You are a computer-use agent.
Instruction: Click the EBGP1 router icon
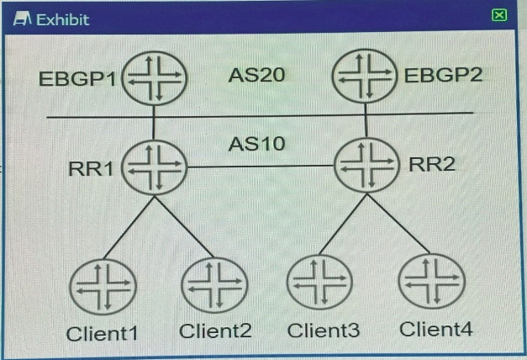pyautogui.click(x=154, y=78)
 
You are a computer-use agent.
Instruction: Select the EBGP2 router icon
pyautogui.click(x=365, y=76)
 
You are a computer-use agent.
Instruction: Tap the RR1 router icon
pyautogui.click(x=154, y=167)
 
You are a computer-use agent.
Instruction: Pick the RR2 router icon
pyautogui.click(x=366, y=165)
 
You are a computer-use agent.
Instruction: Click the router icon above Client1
pyautogui.click(x=103, y=287)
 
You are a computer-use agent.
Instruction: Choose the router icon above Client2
pyautogui.click(x=214, y=285)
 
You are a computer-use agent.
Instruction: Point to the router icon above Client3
pyautogui.click(x=319, y=283)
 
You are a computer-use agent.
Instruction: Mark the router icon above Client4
pyautogui.click(x=431, y=281)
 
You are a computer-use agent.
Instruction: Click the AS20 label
pyautogui.click(x=257, y=75)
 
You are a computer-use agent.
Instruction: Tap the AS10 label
pyautogui.click(x=257, y=144)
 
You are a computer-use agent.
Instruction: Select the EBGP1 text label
pyautogui.click(x=77, y=79)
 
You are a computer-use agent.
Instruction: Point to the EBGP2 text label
pyautogui.click(x=443, y=75)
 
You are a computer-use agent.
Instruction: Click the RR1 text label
pyautogui.click(x=91, y=168)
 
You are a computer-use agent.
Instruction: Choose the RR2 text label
pyautogui.click(x=431, y=165)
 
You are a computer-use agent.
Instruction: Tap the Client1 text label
pyautogui.click(x=103, y=334)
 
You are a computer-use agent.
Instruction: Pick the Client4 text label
pyautogui.click(x=436, y=329)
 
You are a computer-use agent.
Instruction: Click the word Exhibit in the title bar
pyautogui.click(x=63, y=20)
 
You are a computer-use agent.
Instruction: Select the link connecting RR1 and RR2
pyautogui.click(x=261, y=167)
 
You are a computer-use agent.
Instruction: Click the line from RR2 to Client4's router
pyautogui.click(x=399, y=224)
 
